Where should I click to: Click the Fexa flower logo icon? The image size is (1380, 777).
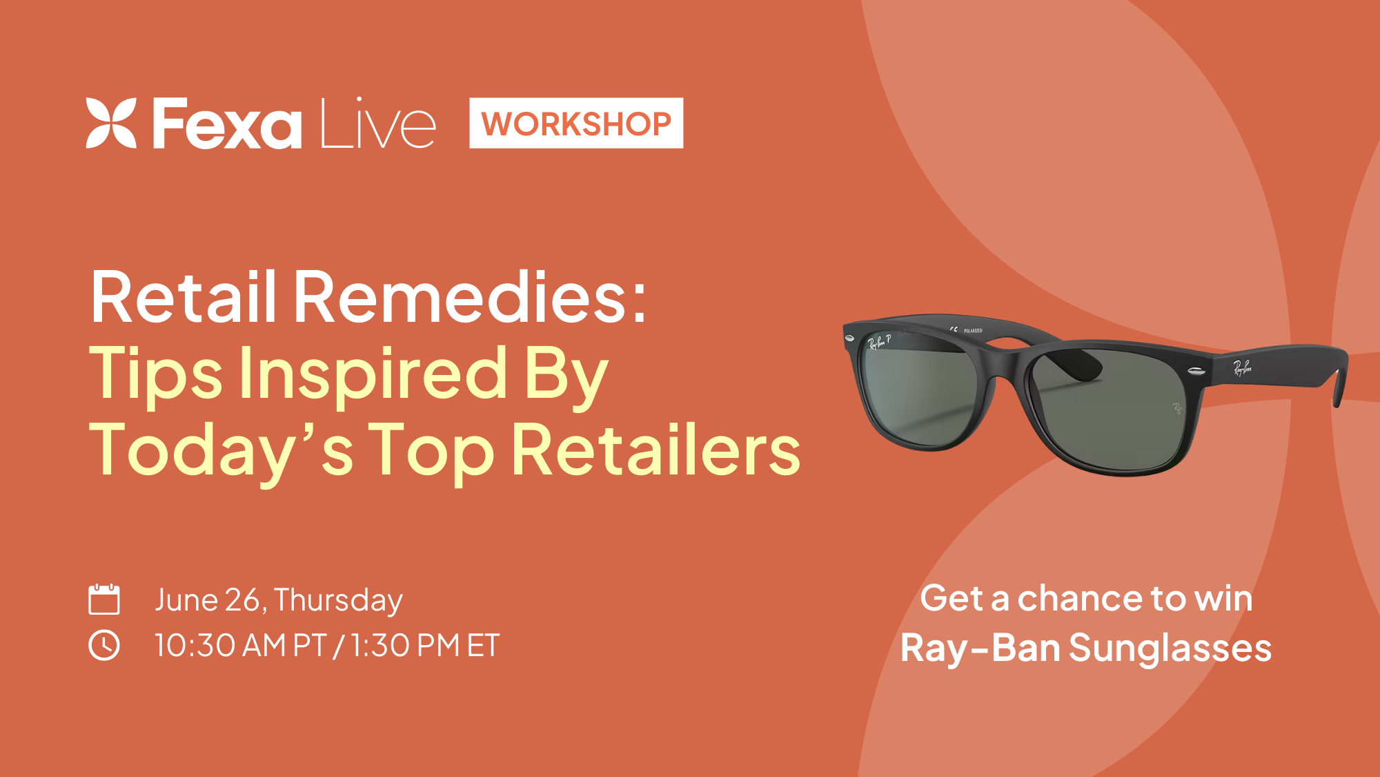coord(111,123)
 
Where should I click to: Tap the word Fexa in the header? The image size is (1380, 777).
coord(227,124)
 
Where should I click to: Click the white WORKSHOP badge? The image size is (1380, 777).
coord(576,123)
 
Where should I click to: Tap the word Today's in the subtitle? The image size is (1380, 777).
coord(221,450)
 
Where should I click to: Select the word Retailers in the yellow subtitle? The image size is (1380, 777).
coord(656,450)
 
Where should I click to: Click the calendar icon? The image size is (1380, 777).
coord(104,599)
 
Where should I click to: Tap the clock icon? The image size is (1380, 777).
coord(104,645)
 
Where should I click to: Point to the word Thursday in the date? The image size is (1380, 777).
coord(338,600)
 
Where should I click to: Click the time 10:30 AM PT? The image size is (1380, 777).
coord(240,646)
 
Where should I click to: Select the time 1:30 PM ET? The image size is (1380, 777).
coord(424,646)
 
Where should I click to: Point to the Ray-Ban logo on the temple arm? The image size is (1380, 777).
coord(1242,367)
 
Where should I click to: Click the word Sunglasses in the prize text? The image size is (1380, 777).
coord(1170,649)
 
